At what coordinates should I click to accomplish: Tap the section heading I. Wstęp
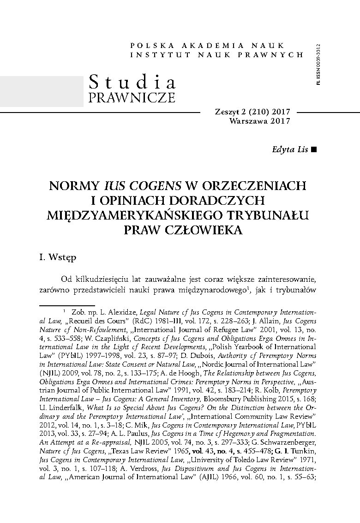pos(58,257)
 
